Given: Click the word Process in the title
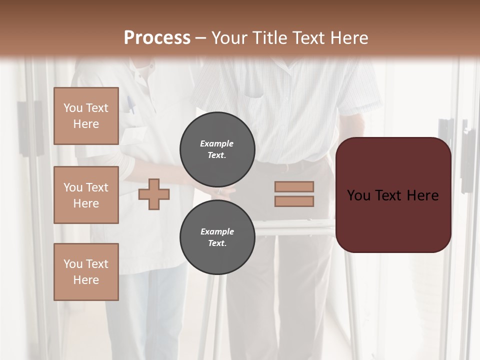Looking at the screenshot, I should click(157, 38).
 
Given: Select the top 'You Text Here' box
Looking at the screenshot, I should click(86, 116).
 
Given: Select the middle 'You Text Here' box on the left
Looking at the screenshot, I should click(86, 195).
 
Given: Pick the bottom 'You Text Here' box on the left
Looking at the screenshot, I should click(86, 272).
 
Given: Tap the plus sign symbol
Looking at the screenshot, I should click(154, 194).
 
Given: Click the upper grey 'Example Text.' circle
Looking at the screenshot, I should click(217, 149).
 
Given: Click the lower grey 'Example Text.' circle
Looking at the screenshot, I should click(217, 237).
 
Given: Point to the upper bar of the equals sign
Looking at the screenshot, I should click(294, 186).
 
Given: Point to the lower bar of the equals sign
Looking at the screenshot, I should click(294, 201).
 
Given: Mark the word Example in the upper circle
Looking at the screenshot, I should click(216, 143).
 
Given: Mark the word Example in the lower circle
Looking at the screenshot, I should click(217, 231).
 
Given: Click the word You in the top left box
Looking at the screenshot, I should click(72, 108).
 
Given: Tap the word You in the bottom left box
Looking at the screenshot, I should click(72, 264).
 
